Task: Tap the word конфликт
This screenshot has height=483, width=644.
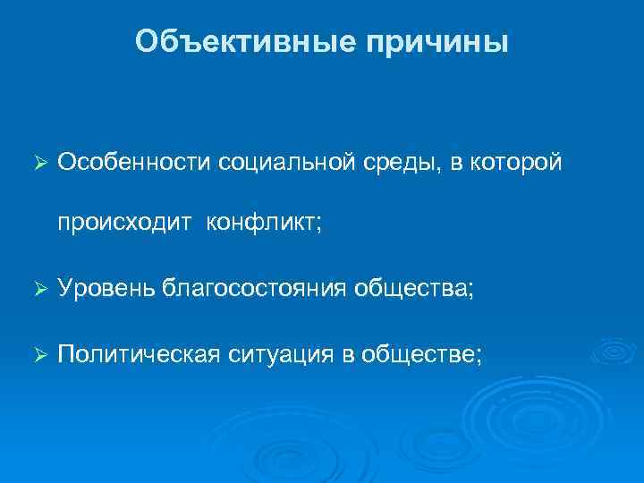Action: [x=260, y=223]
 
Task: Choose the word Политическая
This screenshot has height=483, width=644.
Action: [x=138, y=355]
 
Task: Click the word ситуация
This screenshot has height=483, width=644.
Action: [x=281, y=355]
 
